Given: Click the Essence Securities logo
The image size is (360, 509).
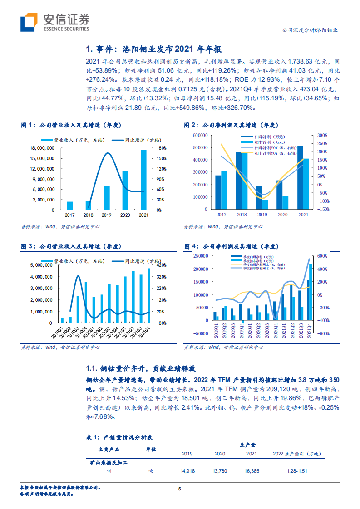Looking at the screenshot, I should [54, 21].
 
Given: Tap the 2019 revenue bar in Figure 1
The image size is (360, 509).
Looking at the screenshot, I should [107, 198].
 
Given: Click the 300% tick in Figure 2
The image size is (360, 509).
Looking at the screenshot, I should [322, 135].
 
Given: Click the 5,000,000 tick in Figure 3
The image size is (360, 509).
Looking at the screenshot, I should [44, 265].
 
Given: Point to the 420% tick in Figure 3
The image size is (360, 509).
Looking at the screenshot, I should [163, 265].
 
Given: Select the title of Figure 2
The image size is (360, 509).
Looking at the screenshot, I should [232, 125].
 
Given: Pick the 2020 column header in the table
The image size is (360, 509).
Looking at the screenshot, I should [219, 454].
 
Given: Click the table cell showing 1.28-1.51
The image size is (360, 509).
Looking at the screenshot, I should [296, 471].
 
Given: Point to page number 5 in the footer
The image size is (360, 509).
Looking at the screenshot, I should [180, 489].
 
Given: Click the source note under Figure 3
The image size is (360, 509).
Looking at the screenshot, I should [60, 347].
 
